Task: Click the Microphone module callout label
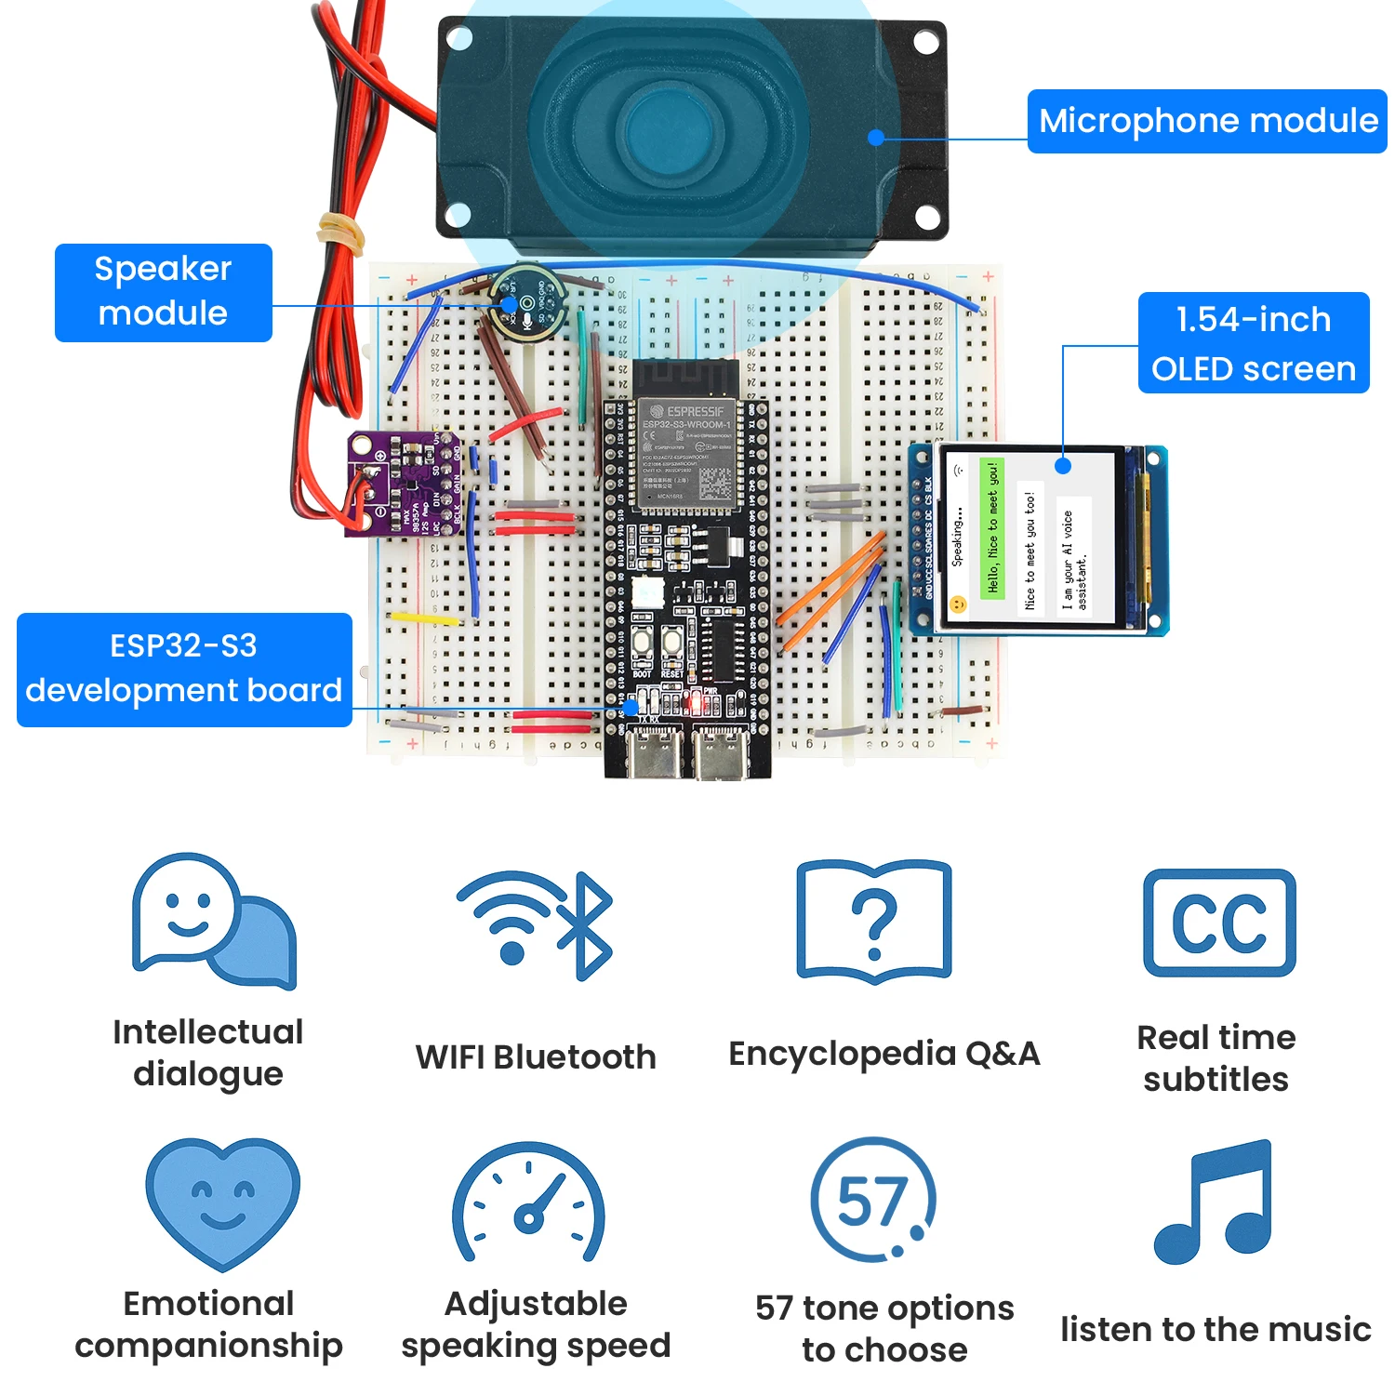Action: tap(1206, 121)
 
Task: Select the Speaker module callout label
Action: tap(163, 292)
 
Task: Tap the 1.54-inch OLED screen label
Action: tap(1253, 343)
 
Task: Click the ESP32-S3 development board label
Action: tap(184, 670)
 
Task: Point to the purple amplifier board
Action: tap(402, 484)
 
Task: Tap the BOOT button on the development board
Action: tap(642, 643)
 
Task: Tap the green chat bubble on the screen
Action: tap(992, 528)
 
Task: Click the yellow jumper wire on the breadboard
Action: tap(423, 618)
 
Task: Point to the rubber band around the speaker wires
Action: tap(341, 230)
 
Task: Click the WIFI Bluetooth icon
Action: tap(535, 924)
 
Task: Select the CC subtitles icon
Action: tap(1218, 923)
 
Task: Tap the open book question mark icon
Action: tap(874, 922)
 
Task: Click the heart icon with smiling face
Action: tap(222, 1201)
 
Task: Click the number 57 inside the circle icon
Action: tap(871, 1200)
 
